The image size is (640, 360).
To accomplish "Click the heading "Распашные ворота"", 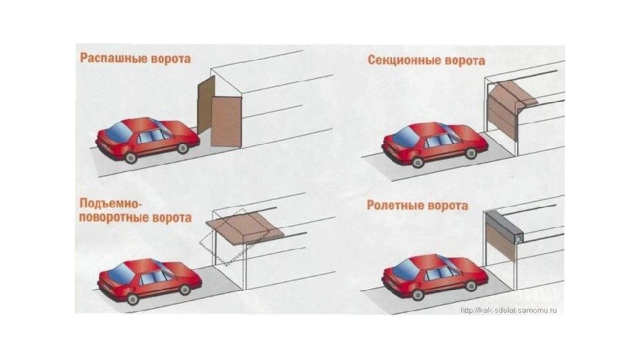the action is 135,58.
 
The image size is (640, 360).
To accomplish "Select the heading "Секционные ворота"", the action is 426,60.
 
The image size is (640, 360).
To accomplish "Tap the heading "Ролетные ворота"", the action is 417,205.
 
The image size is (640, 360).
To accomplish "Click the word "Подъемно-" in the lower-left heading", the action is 111,203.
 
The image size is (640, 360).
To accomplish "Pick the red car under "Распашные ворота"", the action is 147,139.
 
